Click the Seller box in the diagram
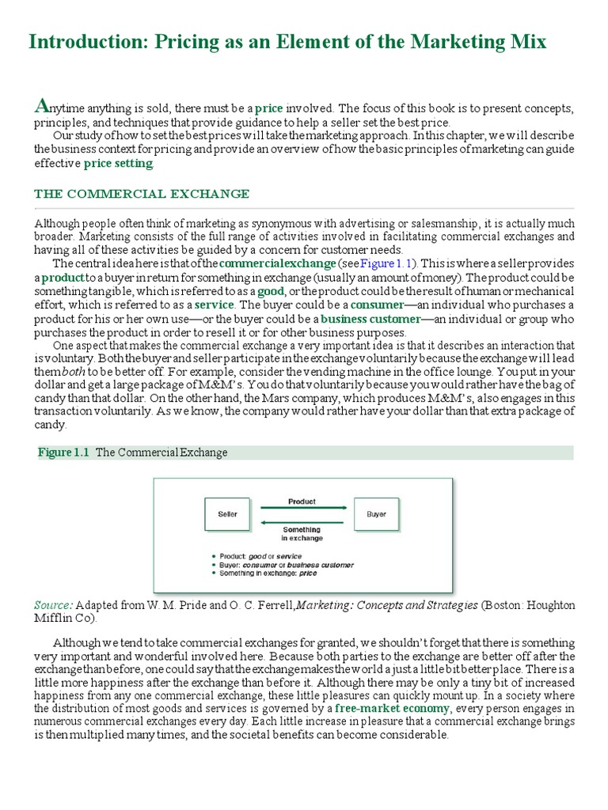click(227, 514)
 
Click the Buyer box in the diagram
click(376, 514)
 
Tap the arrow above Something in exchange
click(302, 521)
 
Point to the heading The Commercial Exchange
click(142, 194)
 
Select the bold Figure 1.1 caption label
click(65, 452)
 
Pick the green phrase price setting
click(118, 163)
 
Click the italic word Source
click(53, 604)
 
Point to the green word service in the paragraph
click(215, 305)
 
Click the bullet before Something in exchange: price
click(214, 573)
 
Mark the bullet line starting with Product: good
click(260, 556)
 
